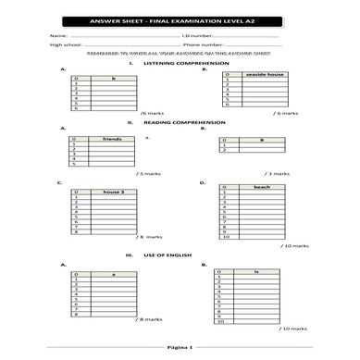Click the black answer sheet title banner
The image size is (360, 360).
click(180, 20)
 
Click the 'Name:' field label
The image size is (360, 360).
click(57, 35)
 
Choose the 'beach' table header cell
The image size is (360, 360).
click(262, 187)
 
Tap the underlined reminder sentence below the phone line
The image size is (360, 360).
click(180, 53)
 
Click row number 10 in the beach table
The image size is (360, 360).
click(224, 238)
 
